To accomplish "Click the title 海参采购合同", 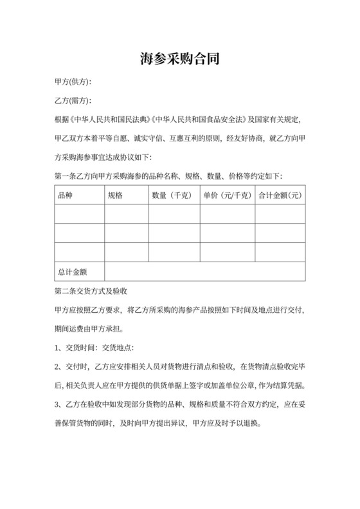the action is point(180,60).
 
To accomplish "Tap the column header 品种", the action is point(65,195).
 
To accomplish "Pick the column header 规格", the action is point(115,195).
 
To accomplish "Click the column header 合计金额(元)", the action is point(280,195).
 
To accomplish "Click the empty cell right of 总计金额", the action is point(204,271).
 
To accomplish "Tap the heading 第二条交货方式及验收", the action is point(95,290).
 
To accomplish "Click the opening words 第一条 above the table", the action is point(67,176).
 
